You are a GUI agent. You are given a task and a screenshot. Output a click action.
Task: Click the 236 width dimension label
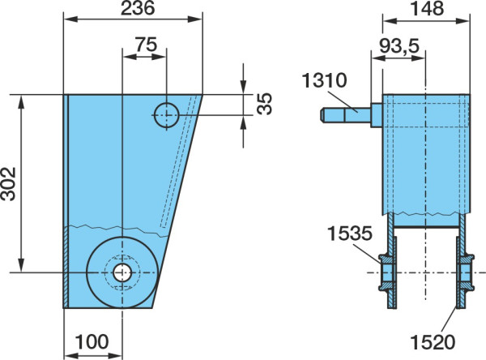[x=138, y=8]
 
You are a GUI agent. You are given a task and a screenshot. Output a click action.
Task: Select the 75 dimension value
[x=147, y=45]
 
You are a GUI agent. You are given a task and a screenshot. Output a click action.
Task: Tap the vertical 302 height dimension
[x=8, y=184]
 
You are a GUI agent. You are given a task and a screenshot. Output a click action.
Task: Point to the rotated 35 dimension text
[x=265, y=104]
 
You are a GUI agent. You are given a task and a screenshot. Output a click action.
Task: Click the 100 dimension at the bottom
[x=92, y=341]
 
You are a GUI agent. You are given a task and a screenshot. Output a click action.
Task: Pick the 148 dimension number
[x=427, y=8]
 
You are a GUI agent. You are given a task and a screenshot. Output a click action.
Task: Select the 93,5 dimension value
[x=399, y=46]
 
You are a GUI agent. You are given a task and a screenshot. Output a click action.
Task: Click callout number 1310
[x=324, y=80]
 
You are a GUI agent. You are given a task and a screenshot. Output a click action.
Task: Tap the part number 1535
[x=350, y=234]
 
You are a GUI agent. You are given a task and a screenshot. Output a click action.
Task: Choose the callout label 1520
[x=433, y=342]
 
